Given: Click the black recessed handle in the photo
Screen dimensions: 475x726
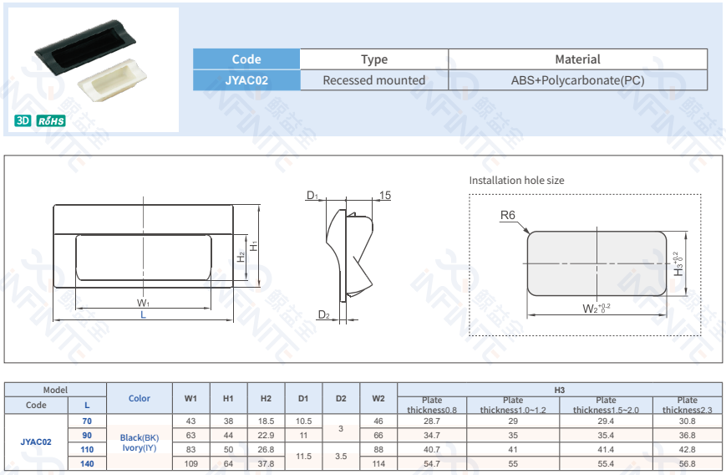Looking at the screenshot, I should (x=84, y=49).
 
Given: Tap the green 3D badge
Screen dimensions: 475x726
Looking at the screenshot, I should (x=23, y=120).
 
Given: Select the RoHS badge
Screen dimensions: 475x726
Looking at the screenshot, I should (x=51, y=120).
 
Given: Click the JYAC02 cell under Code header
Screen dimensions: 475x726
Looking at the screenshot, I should (x=246, y=80).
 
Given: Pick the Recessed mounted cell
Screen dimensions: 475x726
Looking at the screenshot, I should (x=373, y=80).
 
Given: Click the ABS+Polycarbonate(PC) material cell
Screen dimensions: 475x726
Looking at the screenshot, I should (x=577, y=80).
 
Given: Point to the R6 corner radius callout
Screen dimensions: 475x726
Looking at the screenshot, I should (x=507, y=216).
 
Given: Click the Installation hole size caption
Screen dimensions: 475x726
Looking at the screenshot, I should (x=516, y=180).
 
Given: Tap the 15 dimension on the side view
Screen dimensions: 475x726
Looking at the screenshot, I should (x=384, y=196).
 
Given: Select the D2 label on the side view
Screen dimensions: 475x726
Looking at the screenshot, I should (x=323, y=315).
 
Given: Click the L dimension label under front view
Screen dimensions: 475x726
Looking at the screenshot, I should (x=143, y=315).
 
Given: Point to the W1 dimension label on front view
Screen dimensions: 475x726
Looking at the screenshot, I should (x=143, y=303).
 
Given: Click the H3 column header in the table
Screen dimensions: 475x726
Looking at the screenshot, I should (x=560, y=390).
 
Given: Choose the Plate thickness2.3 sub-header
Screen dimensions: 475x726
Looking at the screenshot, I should (x=687, y=405).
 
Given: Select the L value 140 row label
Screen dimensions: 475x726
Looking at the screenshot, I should (x=87, y=463).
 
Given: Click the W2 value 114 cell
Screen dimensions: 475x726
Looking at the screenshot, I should (x=378, y=463).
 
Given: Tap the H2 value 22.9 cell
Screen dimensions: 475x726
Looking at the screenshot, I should (x=266, y=436).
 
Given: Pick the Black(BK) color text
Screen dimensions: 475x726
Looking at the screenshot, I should (x=139, y=437).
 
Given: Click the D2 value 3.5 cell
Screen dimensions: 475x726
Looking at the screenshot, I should (x=341, y=457).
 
